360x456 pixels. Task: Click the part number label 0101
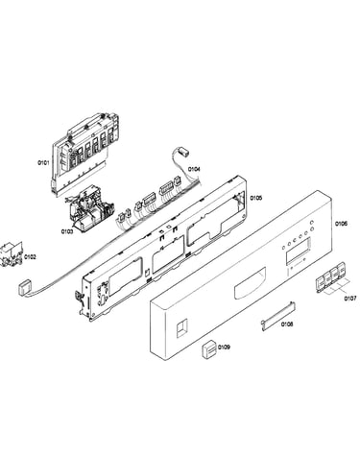click(43, 163)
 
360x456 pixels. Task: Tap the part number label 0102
click(30, 256)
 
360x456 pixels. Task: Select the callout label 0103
click(67, 231)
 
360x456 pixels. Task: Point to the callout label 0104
click(194, 169)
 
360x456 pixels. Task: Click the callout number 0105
click(256, 198)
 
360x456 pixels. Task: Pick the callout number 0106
click(341, 224)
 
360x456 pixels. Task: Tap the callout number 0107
click(350, 299)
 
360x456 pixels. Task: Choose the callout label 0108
click(287, 324)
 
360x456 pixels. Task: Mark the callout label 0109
click(224, 347)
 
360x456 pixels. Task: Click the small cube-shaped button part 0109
click(209, 348)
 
